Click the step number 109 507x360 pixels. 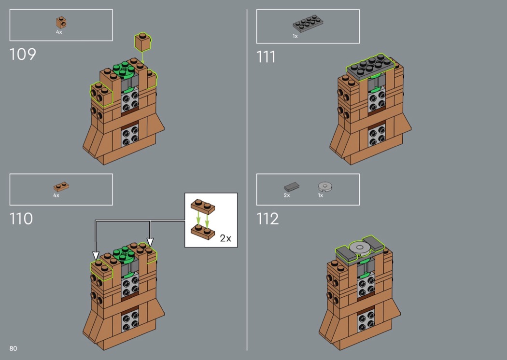[x=23, y=55]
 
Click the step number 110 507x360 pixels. [x=21, y=219]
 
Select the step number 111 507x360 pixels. [x=266, y=57]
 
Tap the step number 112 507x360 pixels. [x=268, y=219]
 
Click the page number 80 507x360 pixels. [x=13, y=348]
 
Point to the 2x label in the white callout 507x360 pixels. [x=225, y=238]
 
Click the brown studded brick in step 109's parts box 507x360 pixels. [x=61, y=23]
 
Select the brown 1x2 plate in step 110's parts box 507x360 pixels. [x=61, y=187]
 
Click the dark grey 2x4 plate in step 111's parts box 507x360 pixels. [x=308, y=24]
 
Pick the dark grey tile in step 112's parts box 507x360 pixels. [x=292, y=187]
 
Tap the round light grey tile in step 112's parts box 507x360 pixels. [x=325, y=186]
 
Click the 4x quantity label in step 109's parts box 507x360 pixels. [x=59, y=32]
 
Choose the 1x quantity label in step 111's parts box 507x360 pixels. [x=295, y=36]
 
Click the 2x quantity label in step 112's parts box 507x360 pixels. [x=287, y=195]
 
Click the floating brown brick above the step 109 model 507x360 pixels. [x=143, y=42]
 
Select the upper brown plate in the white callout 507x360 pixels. [x=203, y=207]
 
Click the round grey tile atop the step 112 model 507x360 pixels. [x=360, y=248]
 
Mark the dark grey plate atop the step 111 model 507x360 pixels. [x=370, y=67]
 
